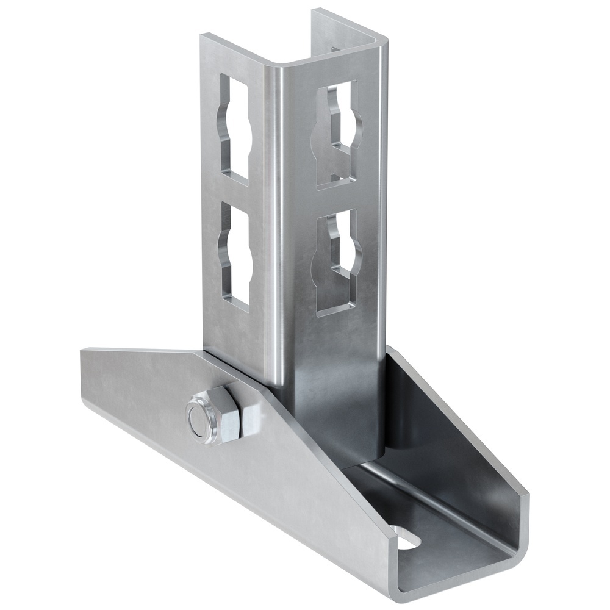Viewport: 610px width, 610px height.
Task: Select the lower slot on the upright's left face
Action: pyautogui.click(x=236, y=254)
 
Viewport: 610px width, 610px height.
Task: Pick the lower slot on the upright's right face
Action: pyautogui.click(x=337, y=262)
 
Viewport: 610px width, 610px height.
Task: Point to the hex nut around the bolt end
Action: pyautogui.click(x=210, y=418)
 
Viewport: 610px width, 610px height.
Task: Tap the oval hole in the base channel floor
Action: pyautogui.click(x=407, y=537)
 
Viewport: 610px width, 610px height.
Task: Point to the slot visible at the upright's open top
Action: pyautogui.click(x=334, y=49)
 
